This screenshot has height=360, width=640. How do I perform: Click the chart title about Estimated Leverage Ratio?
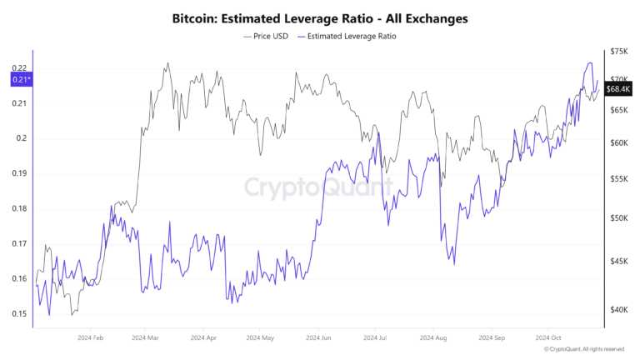320,17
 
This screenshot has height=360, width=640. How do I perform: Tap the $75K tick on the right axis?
618,52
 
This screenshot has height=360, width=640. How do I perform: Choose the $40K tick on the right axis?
618,310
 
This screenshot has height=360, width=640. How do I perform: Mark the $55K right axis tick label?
618,179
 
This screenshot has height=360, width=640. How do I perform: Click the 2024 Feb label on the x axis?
90,338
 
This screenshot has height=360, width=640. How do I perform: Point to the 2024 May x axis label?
260,338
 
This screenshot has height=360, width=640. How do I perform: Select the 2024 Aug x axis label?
433,338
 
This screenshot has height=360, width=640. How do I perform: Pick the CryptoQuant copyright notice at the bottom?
582,349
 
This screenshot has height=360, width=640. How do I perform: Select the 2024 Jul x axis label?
376,338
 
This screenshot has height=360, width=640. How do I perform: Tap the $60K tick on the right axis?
618,143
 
